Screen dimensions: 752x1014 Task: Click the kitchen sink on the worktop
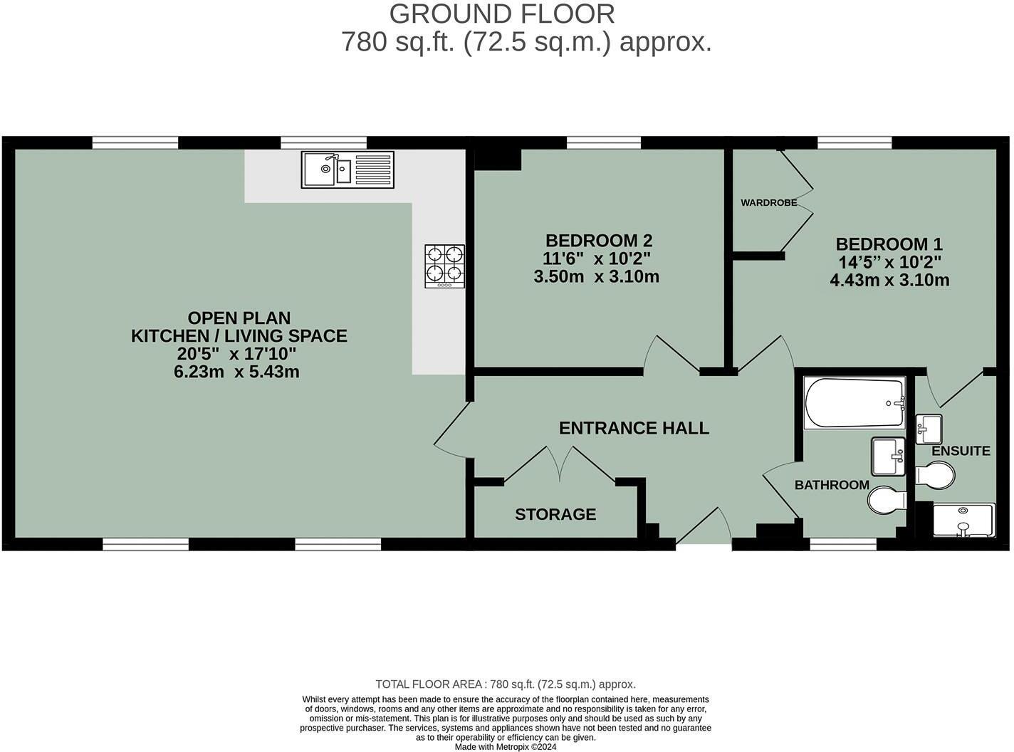click(x=347, y=169)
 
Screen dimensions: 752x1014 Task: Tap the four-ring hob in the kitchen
click(x=445, y=266)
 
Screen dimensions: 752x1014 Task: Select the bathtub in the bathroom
click(x=854, y=403)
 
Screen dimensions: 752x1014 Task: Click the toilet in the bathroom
click(x=886, y=500)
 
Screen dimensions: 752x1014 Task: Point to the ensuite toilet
click(x=934, y=475)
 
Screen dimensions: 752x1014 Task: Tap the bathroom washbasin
click(x=888, y=456)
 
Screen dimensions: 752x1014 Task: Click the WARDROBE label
click(x=768, y=203)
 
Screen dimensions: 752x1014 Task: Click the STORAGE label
click(x=555, y=514)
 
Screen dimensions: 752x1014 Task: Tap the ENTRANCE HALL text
click(x=634, y=428)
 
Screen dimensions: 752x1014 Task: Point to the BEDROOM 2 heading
click(x=598, y=241)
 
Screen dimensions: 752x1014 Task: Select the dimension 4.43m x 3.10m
click(x=889, y=281)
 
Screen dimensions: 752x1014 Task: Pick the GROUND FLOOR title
click(x=502, y=14)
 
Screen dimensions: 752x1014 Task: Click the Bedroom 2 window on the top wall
click(x=603, y=142)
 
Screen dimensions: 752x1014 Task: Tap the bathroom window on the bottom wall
click(x=843, y=545)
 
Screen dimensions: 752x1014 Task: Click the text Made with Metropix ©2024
click(x=506, y=747)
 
